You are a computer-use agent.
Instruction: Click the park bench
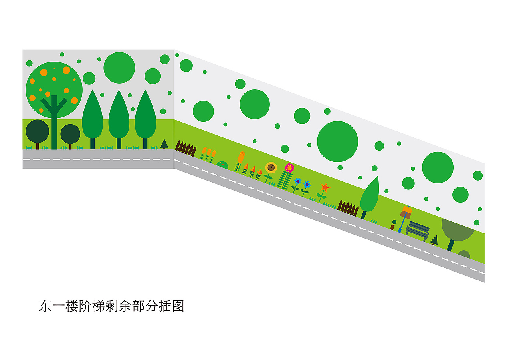click(418, 231)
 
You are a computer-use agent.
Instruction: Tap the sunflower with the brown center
click(271, 168)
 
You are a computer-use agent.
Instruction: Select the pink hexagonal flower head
click(289, 168)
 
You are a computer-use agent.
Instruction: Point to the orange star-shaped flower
click(325, 187)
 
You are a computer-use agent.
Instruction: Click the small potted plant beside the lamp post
click(393, 225)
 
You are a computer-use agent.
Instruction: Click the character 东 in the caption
click(45, 306)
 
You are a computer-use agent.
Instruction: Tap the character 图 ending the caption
click(178, 306)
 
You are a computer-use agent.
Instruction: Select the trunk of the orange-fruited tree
click(54, 122)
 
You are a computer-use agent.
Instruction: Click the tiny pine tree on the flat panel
click(164, 144)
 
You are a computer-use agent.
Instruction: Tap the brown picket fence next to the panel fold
click(186, 148)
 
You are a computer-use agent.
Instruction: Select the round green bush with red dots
click(222, 165)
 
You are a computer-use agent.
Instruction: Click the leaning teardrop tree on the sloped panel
click(370, 197)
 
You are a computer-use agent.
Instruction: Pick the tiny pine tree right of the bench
click(434, 240)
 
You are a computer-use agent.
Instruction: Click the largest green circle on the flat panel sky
click(119, 68)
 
